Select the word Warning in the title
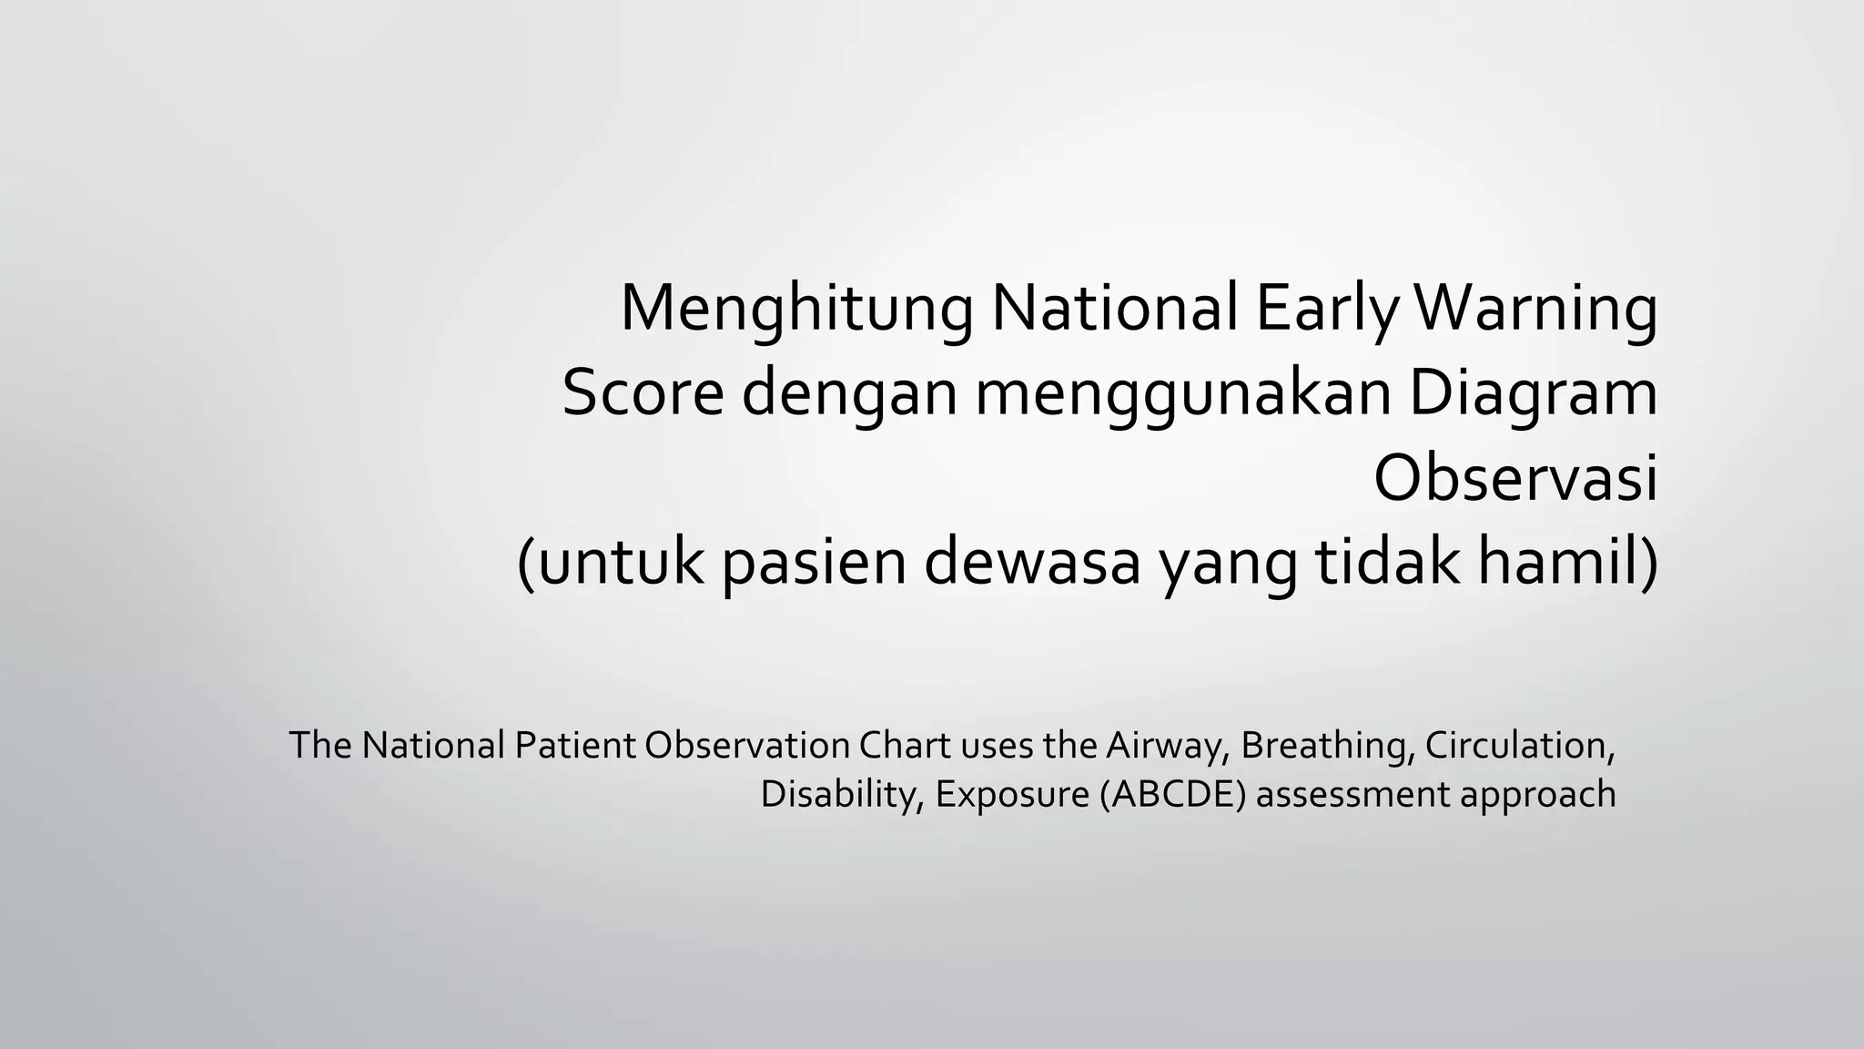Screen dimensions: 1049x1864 pyautogui.click(x=1535, y=311)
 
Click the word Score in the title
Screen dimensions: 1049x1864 pyautogui.click(x=643, y=393)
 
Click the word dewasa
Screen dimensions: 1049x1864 pyautogui.click(x=1032, y=563)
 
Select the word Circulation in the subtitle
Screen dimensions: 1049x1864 pyautogui.click(x=1519, y=746)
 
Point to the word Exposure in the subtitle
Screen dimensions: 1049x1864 pyautogui.click(x=1011, y=794)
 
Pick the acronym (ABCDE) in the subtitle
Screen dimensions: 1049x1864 pyautogui.click(x=1171, y=794)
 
